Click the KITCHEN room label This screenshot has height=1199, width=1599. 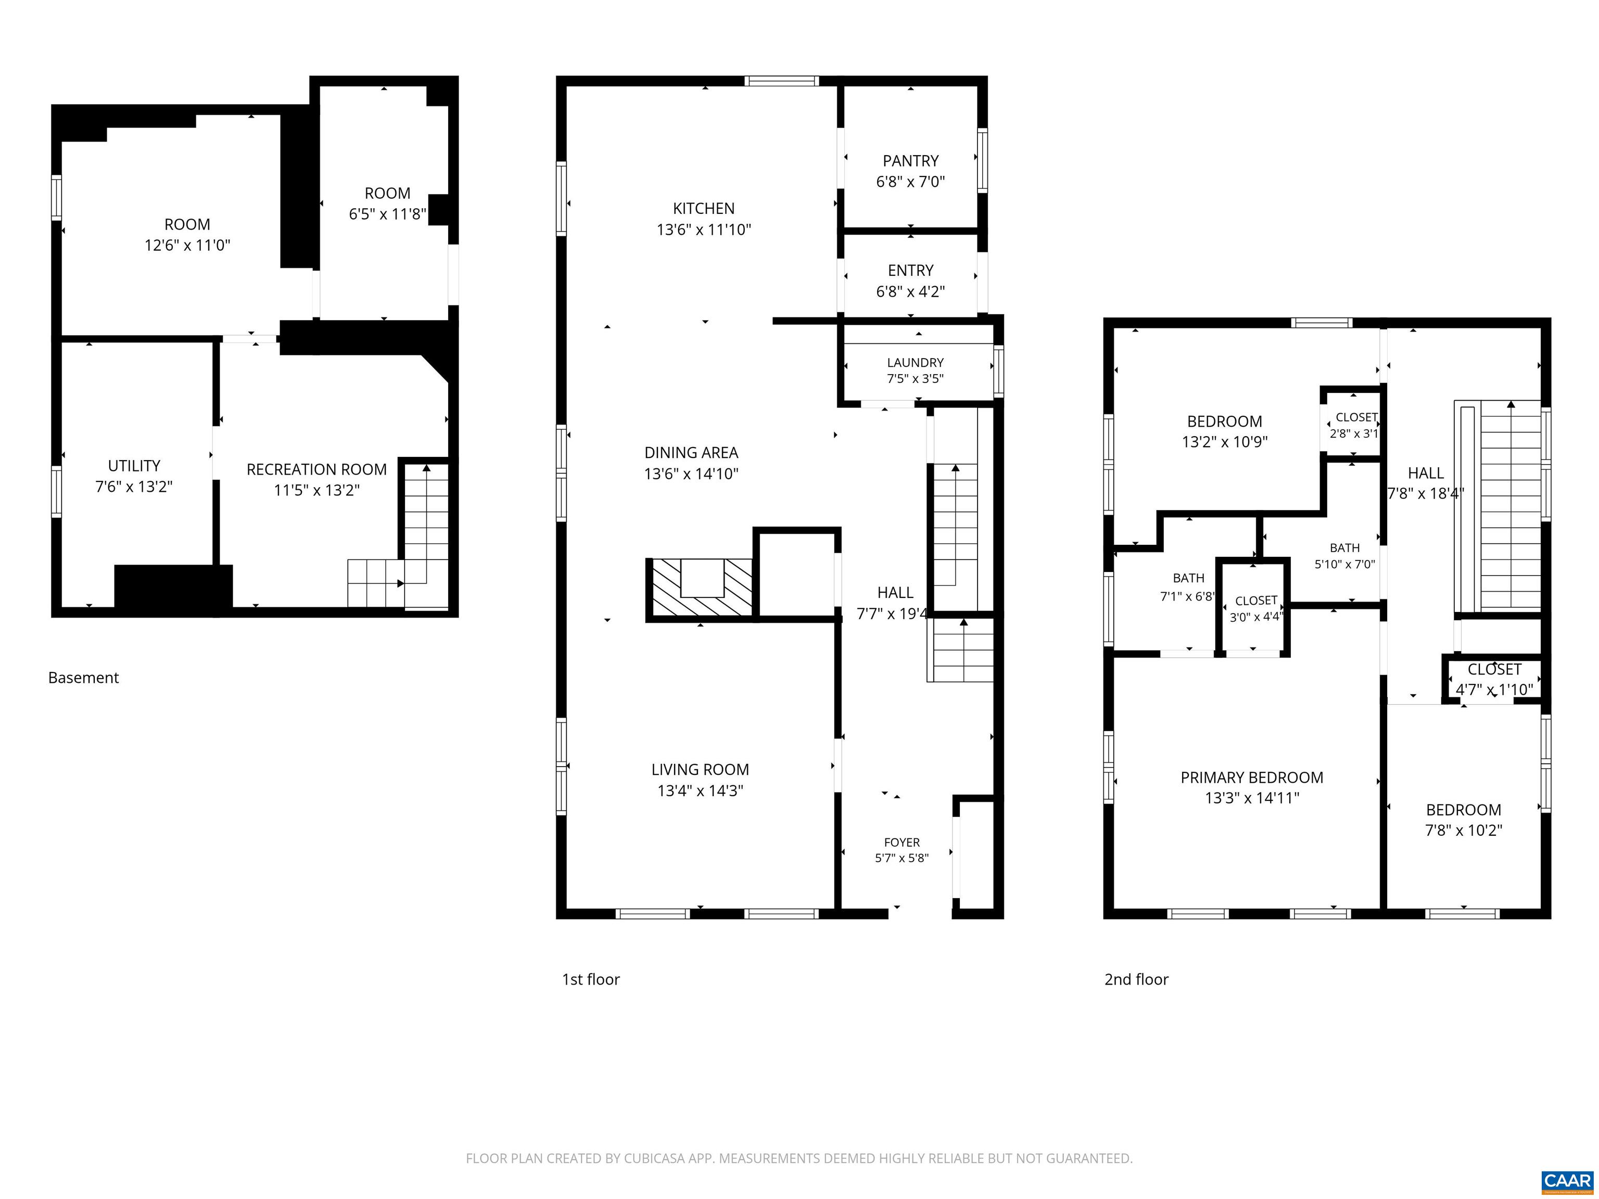(x=703, y=209)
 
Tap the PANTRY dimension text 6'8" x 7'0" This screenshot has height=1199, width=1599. (x=910, y=182)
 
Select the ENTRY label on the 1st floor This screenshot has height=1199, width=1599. (x=910, y=270)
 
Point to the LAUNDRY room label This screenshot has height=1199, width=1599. (x=915, y=362)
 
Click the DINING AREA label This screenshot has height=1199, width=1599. (x=691, y=452)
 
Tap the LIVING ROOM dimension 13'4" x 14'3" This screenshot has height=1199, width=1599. (x=700, y=790)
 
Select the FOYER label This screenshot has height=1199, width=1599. (x=902, y=842)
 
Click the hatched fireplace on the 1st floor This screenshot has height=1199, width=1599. (x=700, y=589)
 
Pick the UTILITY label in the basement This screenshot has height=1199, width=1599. (x=134, y=465)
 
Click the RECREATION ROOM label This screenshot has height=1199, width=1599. (x=316, y=469)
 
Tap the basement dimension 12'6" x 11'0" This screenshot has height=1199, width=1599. (x=187, y=245)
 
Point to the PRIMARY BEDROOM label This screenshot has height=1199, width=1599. (x=1252, y=777)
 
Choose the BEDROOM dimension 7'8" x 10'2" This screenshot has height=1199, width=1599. (x=1463, y=831)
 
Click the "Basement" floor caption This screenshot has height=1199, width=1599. (x=83, y=678)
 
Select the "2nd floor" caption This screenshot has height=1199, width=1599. (x=1136, y=979)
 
